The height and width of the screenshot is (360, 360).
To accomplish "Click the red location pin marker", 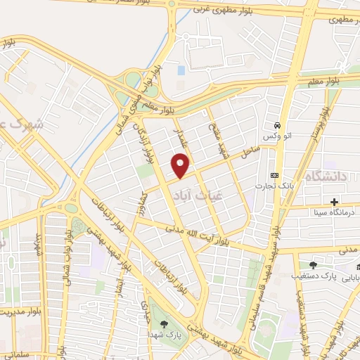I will [181, 165].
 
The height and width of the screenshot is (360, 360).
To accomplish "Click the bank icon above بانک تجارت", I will [274, 175].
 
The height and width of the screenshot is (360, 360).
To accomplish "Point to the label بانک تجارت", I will [276, 186].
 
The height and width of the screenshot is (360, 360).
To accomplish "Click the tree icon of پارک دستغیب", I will [313, 265].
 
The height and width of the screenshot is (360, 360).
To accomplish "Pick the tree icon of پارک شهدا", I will [164, 325].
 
